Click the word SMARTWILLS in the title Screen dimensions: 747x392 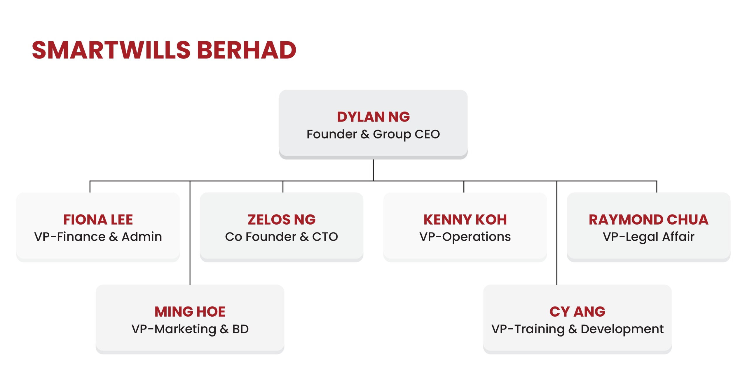(x=111, y=50)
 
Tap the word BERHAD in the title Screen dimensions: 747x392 (x=247, y=50)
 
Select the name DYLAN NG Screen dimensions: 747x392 (x=373, y=117)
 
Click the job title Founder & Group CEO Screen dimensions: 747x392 (x=373, y=134)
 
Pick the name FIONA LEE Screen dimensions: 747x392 (x=98, y=220)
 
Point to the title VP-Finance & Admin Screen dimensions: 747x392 (x=98, y=237)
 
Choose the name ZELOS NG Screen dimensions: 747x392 (x=282, y=220)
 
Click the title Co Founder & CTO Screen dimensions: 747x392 (x=282, y=237)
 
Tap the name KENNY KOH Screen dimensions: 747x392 (x=465, y=220)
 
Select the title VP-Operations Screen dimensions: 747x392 (x=465, y=237)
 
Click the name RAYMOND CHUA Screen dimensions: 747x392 (x=649, y=220)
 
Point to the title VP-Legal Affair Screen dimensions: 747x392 (x=649, y=237)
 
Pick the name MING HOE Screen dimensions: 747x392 (x=190, y=312)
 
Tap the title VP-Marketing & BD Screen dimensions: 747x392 (x=190, y=329)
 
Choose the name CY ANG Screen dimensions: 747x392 (x=577, y=312)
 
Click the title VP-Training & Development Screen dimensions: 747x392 (x=577, y=329)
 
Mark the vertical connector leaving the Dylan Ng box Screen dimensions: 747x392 (x=373, y=170)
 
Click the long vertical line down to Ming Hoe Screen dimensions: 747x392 (x=190, y=233)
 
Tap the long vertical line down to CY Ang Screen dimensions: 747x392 (x=557, y=233)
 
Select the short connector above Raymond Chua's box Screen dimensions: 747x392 (x=657, y=187)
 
